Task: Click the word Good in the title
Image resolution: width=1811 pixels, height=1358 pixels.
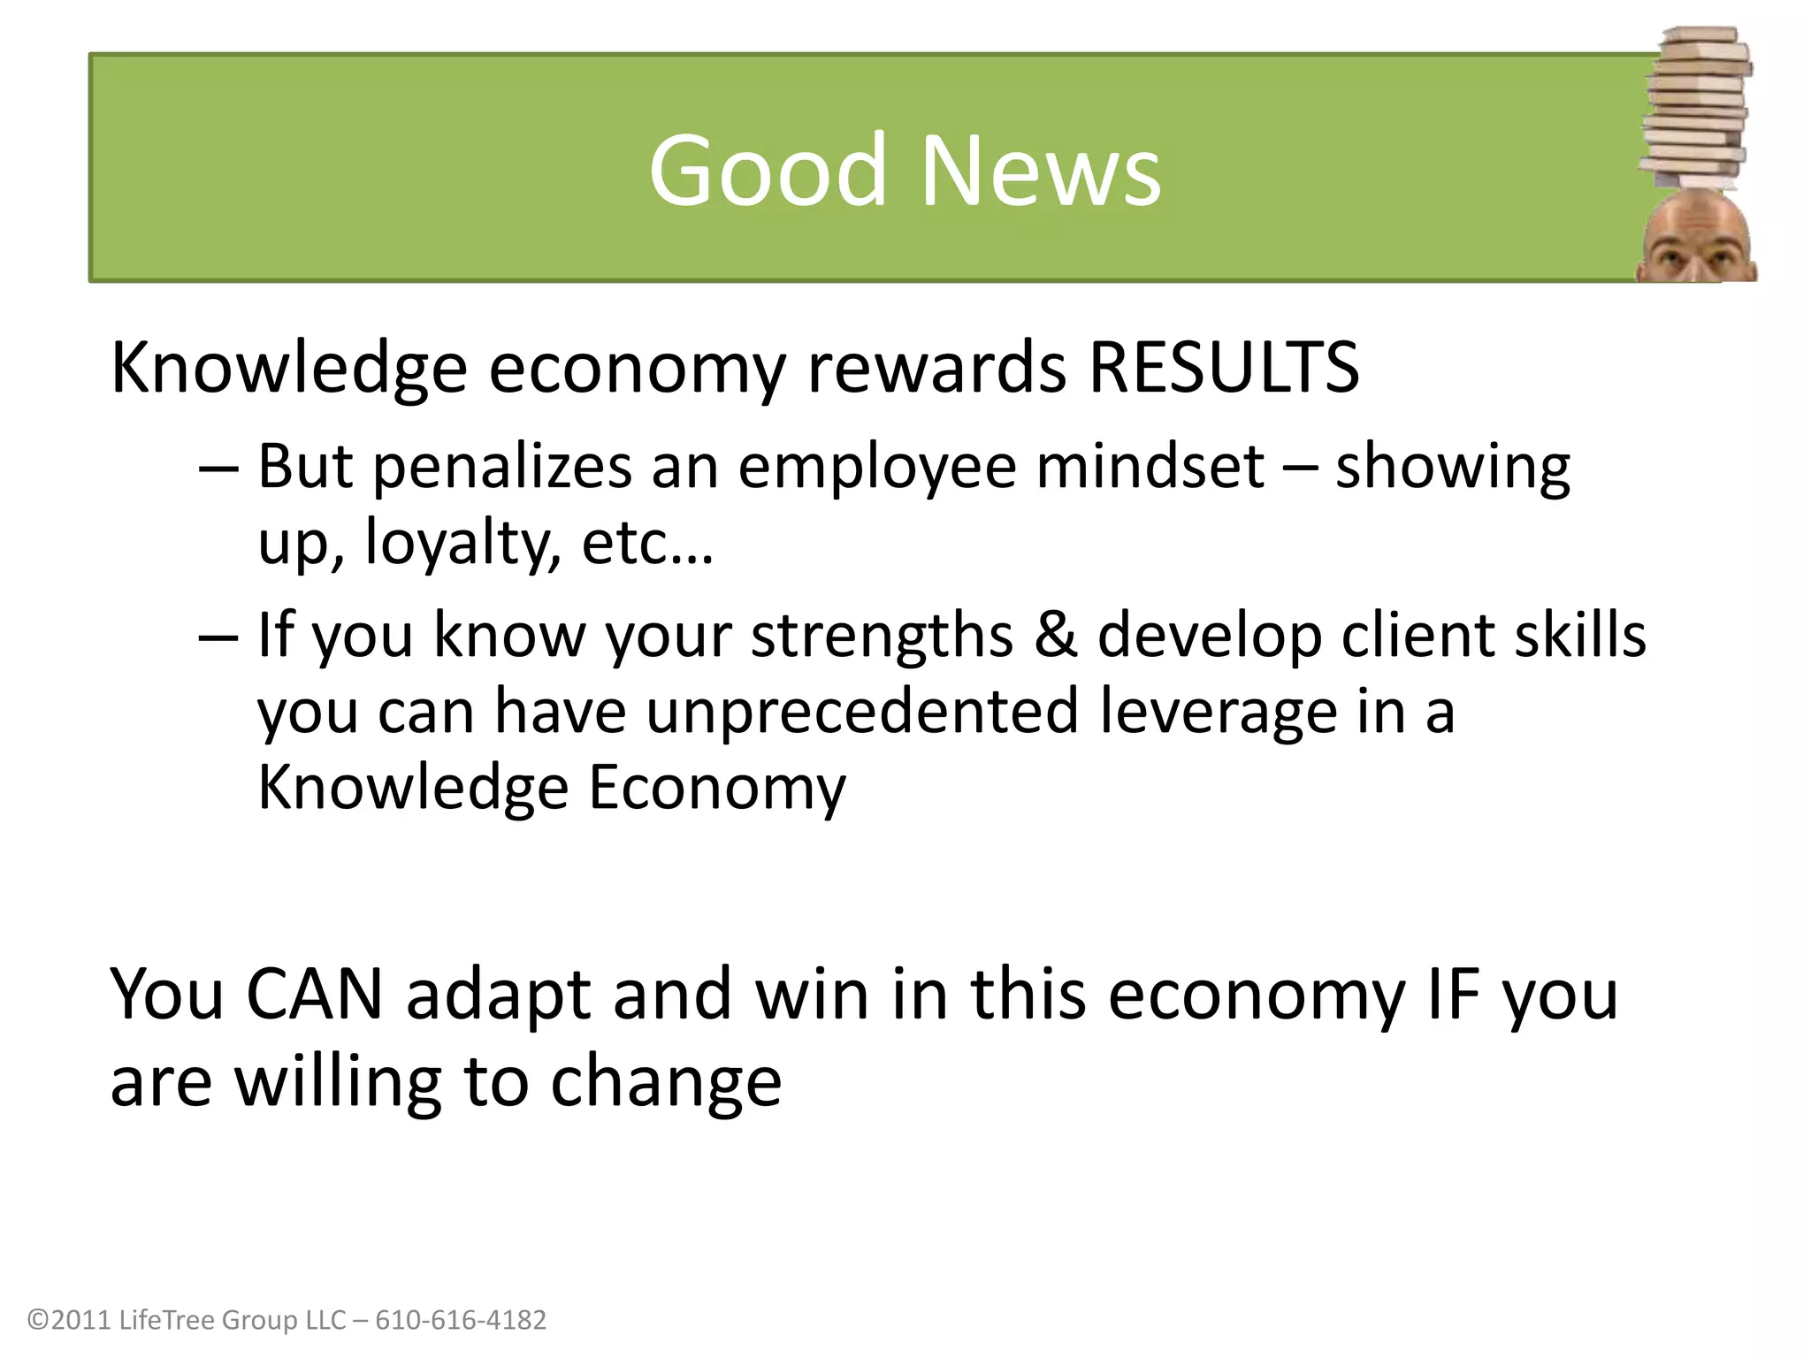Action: coord(767,170)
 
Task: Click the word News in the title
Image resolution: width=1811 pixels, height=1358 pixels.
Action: coord(1041,170)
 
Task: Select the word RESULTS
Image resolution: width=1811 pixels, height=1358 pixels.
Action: coord(1223,368)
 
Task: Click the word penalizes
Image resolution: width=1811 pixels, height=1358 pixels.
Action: coord(501,467)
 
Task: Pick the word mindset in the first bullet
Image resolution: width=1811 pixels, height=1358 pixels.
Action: coord(1150,467)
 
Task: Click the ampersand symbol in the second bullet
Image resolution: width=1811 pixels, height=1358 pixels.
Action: coord(1054,635)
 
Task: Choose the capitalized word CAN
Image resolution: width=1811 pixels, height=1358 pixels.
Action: coord(314,995)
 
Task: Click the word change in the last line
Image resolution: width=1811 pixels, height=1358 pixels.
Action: coord(666,1082)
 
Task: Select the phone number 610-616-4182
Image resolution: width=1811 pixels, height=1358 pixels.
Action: coord(461,1320)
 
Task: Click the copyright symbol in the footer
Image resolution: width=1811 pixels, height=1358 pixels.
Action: coord(38,1320)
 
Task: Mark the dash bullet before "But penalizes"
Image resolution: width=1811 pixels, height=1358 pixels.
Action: coord(218,469)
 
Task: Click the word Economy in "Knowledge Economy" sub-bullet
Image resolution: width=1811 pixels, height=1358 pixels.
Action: coord(716,787)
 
